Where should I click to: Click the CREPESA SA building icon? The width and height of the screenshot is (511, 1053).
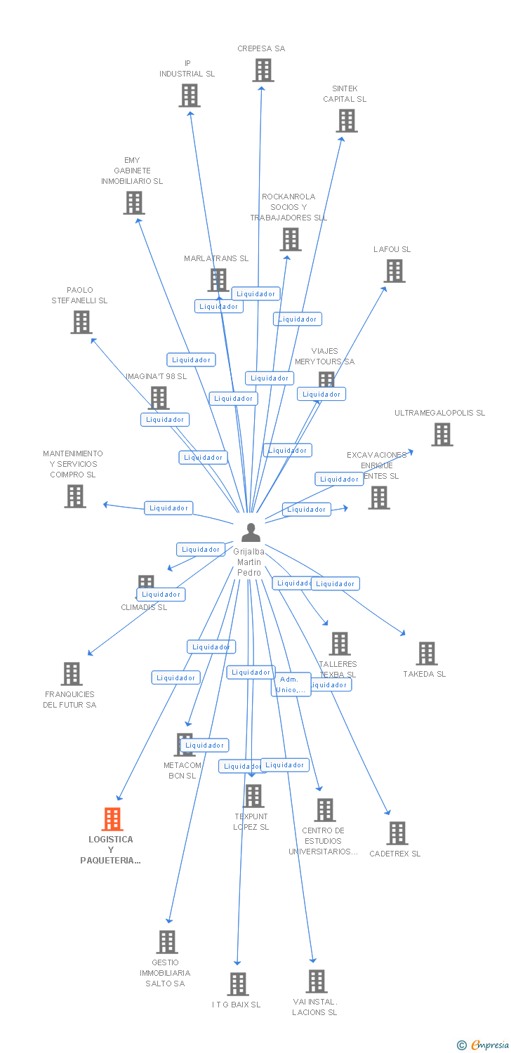point(263,70)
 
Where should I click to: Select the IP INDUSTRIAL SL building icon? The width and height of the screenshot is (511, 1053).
point(190,95)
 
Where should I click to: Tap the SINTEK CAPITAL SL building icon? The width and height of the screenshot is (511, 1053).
point(346,121)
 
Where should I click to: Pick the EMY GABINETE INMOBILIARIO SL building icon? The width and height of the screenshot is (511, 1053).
point(133,203)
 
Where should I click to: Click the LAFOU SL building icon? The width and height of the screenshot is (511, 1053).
point(394,271)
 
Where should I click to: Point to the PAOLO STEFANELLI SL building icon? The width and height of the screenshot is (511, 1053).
point(81,322)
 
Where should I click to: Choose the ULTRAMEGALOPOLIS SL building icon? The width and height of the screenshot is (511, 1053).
point(442,435)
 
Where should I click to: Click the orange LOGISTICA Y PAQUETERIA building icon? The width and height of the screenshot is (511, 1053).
point(112,819)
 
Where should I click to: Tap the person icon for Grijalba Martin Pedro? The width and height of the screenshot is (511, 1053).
point(251,533)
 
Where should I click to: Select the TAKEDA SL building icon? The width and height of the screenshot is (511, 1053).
point(426,654)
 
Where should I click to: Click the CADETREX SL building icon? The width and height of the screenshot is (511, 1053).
point(397,833)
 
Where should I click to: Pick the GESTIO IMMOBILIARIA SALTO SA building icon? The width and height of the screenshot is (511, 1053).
point(166,942)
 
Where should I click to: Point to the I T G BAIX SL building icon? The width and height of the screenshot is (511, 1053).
point(238,984)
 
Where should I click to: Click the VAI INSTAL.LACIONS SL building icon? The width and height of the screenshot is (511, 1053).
point(317,981)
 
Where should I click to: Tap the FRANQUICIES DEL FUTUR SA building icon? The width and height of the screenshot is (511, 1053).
point(71,674)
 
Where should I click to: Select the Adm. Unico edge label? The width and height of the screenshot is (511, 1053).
point(290,684)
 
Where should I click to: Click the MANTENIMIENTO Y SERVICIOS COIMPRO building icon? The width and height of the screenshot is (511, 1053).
point(75,496)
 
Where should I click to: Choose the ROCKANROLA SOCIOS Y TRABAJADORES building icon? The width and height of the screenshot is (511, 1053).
point(290,239)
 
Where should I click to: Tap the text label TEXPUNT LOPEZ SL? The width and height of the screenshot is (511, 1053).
point(251,822)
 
